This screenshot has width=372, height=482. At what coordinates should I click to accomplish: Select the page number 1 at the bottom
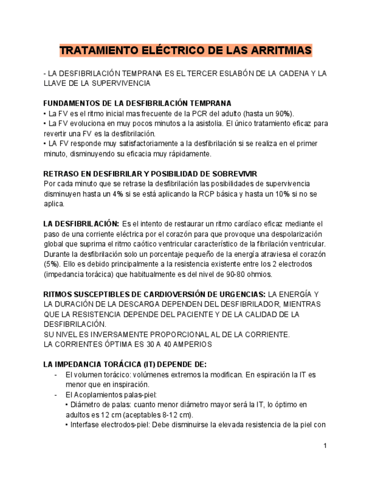tap(325, 445)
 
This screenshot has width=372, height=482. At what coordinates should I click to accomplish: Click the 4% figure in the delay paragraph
tap(118, 193)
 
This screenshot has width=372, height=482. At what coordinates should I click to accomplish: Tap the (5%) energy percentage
tap(52, 264)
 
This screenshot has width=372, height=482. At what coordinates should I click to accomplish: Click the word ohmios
tap(259, 274)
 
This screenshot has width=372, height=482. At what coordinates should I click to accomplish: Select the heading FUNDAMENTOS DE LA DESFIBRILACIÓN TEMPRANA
tap(137, 103)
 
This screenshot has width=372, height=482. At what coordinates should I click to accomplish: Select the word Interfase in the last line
tap(86, 424)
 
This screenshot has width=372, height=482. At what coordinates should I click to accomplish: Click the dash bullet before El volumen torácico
tap(55, 375)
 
